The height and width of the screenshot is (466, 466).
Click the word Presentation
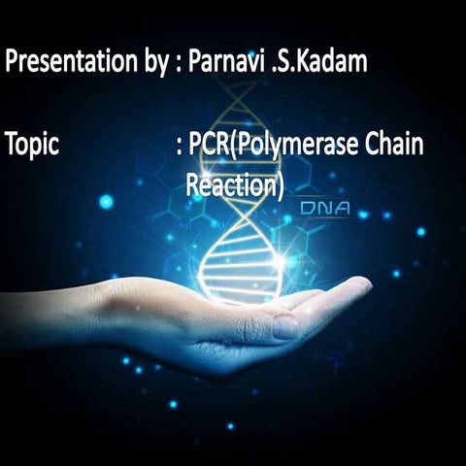[67, 63]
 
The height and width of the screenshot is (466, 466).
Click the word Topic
[32, 145]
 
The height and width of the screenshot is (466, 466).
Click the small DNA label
[324, 208]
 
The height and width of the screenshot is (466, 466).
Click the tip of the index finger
[364, 283]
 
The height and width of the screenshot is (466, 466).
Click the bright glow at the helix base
[282, 260]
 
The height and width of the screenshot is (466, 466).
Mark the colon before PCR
[181, 147]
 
